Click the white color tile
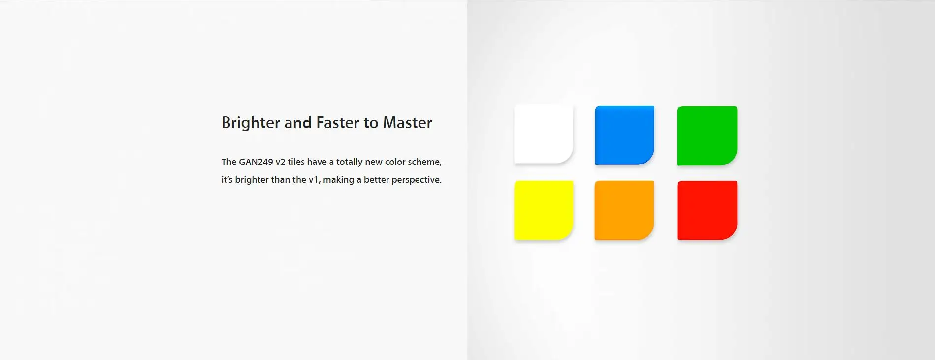(544, 134)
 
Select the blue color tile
(624, 135)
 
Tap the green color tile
(707, 135)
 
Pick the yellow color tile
(544, 210)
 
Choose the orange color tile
(624, 210)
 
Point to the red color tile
(707, 210)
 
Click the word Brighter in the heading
(251, 123)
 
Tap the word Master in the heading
(407, 122)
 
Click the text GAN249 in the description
(256, 162)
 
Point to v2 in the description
(280, 162)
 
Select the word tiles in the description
(296, 162)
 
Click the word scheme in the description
(424, 162)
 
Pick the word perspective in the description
(416, 180)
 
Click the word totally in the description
(349, 162)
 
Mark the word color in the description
(395, 162)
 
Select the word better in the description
(376, 180)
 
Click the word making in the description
(338, 180)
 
